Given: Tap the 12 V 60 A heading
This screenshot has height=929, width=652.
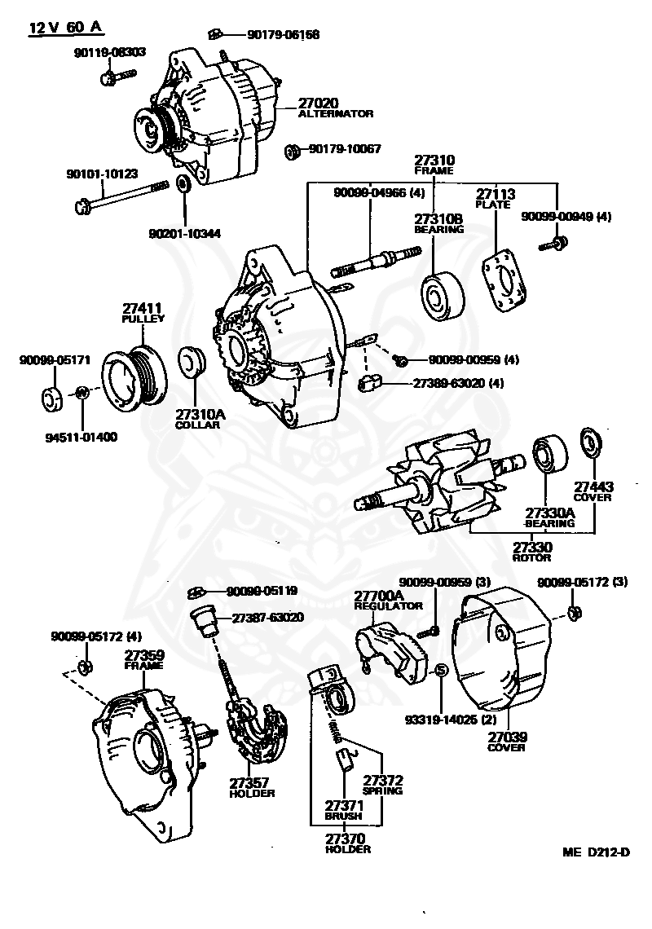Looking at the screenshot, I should tap(66, 28).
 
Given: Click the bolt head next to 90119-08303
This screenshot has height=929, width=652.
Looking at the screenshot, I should tap(109, 78).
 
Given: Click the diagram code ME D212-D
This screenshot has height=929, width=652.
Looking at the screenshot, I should tap(596, 852).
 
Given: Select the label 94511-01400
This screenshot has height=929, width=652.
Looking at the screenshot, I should tap(81, 437).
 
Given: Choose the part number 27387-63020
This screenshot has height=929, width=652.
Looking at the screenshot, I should tap(267, 618).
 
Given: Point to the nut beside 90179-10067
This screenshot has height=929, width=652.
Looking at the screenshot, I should tap(291, 151).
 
